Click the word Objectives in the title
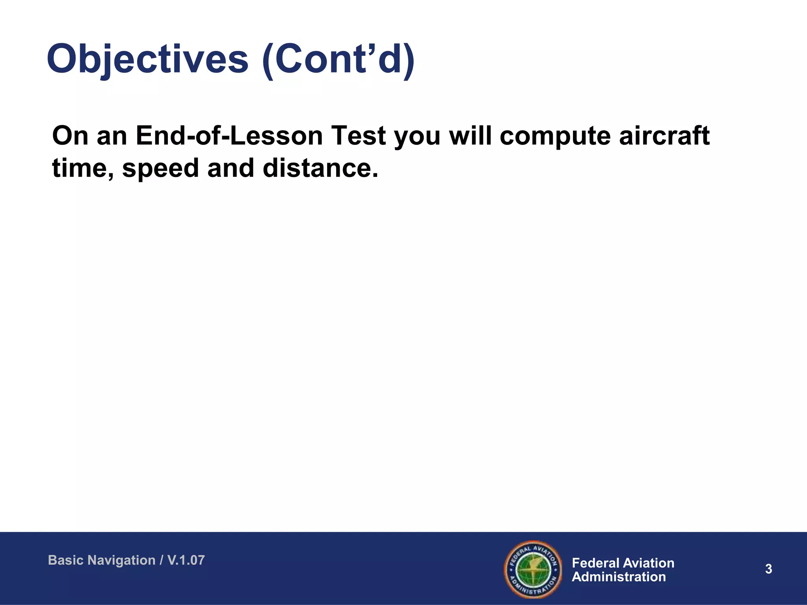[x=147, y=59]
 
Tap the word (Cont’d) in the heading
[x=338, y=59]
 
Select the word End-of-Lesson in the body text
[x=229, y=136]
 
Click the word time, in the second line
[x=83, y=169]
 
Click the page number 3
[x=768, y=569]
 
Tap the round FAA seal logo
[x=533, y=570]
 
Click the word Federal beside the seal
[x=595, y=563]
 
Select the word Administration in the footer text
[x=619, y=577]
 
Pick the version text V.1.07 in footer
[x=186, y=560]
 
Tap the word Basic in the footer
[x=62, y=560]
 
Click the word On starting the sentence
[x=70, y=136]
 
